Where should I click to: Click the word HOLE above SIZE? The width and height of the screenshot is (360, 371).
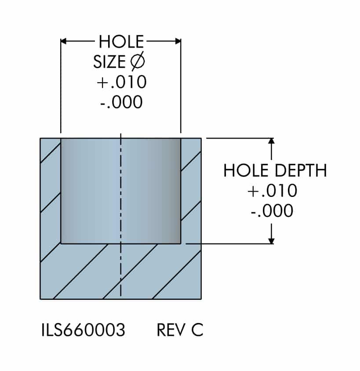121,42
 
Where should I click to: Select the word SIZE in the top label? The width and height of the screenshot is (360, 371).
109,62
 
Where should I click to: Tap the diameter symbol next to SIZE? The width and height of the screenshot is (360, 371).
138,62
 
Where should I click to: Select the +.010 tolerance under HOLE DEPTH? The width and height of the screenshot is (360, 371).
272,191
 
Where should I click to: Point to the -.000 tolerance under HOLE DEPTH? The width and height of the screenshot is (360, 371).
272,211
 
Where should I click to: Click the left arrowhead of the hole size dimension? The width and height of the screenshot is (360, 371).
63,41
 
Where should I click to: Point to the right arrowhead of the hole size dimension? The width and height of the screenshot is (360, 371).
178,41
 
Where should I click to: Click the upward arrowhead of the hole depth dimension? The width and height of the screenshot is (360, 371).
272,142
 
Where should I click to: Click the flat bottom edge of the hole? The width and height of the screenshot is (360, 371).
120,243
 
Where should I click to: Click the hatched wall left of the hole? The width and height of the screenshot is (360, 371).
50,189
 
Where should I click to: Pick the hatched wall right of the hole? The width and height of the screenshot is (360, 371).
191,189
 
